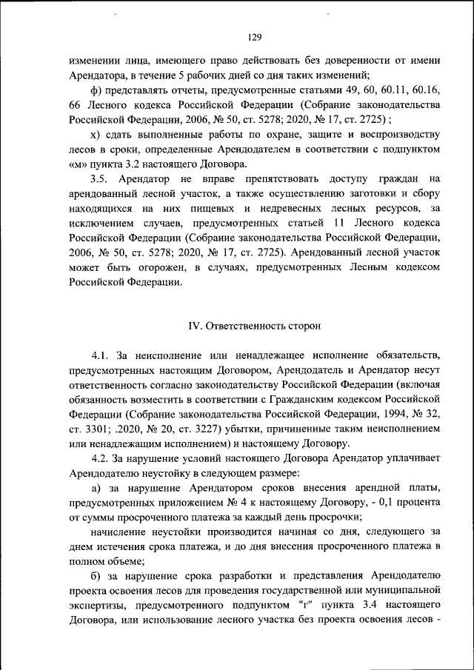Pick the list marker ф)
(x=96, y=90)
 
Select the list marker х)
(x=96, y=135)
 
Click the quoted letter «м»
(x=78, y=164)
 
